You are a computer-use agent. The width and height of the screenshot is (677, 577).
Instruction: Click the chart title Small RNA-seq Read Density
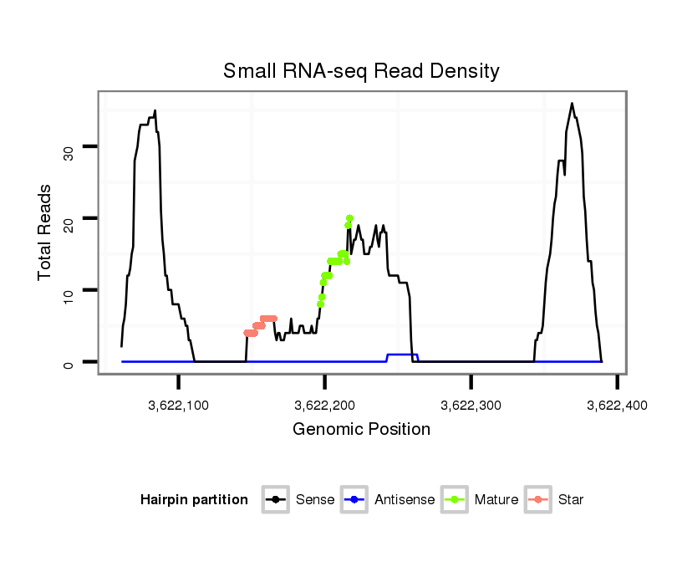tap(361, 71)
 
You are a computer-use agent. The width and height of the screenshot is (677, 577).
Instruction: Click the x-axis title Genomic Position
tap(361, 430)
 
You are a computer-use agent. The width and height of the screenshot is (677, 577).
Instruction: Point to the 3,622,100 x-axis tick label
tap(179, 405)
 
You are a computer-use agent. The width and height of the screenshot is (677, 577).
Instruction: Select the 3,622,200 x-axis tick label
tap(325, 405)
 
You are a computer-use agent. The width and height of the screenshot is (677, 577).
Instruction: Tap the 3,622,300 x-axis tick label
tap(471, 405)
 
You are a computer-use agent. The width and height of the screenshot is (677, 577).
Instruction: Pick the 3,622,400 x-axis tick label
tap(617, 405)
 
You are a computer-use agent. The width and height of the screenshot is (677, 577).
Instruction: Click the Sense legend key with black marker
tap(275, 500)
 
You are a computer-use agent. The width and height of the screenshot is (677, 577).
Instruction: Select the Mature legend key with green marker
tap(454, 500)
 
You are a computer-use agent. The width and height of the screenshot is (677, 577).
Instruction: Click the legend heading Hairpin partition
tap(194, 500)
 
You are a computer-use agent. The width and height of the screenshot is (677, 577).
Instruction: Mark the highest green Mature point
tap(349, 219)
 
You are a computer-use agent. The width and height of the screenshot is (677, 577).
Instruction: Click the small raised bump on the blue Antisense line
tap(402, 355)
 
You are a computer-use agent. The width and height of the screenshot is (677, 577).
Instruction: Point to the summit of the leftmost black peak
tap(155, 110)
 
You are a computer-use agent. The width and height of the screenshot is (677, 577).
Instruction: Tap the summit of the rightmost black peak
tap(572, 104)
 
